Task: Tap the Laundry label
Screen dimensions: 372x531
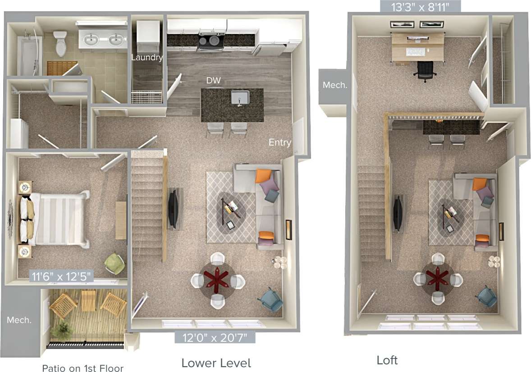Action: click(147, 58)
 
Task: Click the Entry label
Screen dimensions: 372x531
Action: click(280, 142)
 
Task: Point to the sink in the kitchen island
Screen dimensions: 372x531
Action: click(240, 97)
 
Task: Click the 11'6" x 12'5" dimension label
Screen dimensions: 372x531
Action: click(62, 276)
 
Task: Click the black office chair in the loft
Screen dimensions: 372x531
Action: click(425, 71)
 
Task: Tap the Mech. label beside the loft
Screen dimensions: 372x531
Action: click(334, 85)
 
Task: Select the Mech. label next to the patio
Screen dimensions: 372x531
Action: click(19, 320)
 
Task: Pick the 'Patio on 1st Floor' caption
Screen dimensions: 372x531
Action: click(82, 368)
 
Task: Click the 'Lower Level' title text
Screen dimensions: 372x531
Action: click(216, 363)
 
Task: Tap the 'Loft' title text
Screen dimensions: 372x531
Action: click(387, 360)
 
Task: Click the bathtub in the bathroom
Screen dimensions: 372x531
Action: click(28, 54)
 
